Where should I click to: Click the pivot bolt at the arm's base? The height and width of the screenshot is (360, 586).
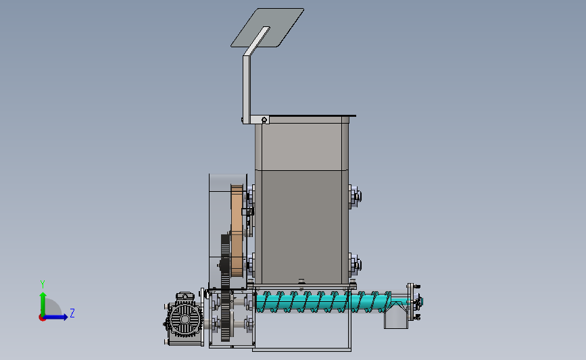[x=264, y=120]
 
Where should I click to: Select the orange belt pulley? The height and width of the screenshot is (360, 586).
[x=237, y=231]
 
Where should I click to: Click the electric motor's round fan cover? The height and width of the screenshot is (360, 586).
[x=185, y=319]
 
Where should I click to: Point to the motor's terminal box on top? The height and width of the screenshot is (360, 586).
[x=185, y=297]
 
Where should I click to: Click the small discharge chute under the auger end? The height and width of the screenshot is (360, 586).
[x=396, y=317]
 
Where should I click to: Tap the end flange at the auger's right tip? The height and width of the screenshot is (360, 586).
[x=411, y=302]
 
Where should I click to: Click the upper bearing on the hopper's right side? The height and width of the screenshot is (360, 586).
[x=355, y=197]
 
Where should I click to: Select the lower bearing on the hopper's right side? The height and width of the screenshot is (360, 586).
[x=355, y=265]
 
